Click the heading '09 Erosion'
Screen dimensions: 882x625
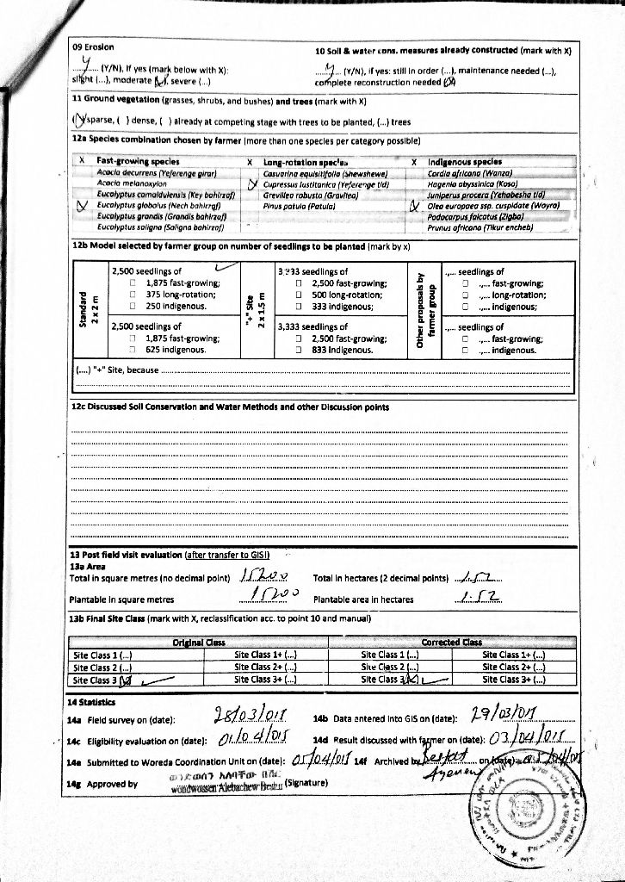click(x=93, y=47)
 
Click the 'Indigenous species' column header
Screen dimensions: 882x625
click(x=464, y=161)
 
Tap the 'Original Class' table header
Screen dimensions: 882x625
click(x=199, y=642)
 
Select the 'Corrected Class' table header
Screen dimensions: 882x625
click(x=451, y=642)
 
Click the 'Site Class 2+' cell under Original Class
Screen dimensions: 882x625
click(x=266, y=667)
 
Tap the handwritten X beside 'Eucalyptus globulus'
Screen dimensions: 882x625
click(x=84, y=206)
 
